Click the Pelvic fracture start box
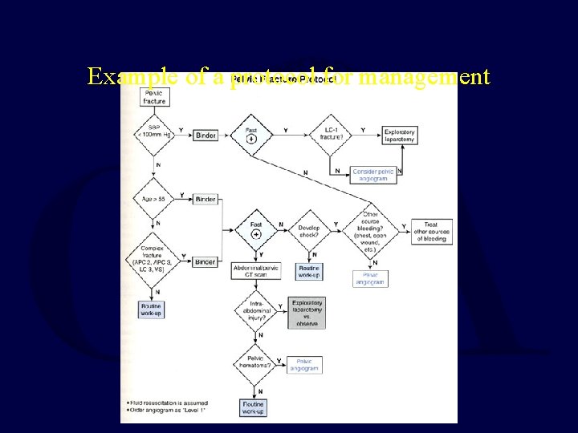click(x=154, y=97)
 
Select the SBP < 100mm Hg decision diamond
click(x=154, y=135)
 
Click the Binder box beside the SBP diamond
click(x=206, y=136)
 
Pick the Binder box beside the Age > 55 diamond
click(x=206, y=199)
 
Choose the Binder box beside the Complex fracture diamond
click(x=206, y=261)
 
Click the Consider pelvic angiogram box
click(x=369, y=175)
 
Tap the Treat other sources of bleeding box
click(x=431, y=232)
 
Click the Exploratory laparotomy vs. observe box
click(x=307, y=313)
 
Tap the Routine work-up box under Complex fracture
click(x=151, y=310)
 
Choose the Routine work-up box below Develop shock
click(x=309, y=271)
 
